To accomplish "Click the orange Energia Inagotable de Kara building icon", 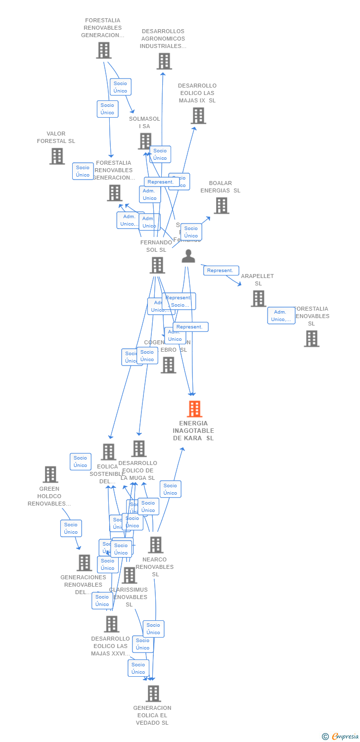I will pyautogui.click(x=194, y=409).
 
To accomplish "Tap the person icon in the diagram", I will pyautogui.click(x=188, y=256).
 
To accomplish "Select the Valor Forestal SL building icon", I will pyautogui.click(x=57, y=156).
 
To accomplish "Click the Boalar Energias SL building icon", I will pyautogui.click(x=221, y=206).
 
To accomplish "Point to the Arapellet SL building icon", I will pyautogui.click(x=258, y=299).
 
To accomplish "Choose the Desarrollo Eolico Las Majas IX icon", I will pyautogui.click(x=198, y=116).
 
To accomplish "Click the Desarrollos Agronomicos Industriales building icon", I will pyautogui.click(x=164, y=61).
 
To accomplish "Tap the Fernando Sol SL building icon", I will pyautogui.click(x=157, y=265).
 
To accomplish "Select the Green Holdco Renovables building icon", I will pyautogui.click(x=50, y=474).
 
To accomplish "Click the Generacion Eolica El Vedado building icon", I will pyautogui.click(x=153, y=694).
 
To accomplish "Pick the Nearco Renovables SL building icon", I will pyautogui.click(x=156, y=545).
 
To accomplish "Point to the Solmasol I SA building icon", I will pyautogui.click(x=145, y=141).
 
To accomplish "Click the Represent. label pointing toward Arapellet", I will pyautogui.click(x=221, y=271).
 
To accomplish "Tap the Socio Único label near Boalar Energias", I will pyautogui.click(x=191, y=232).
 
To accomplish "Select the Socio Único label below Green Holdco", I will pyautogui.click(x=71, y=528).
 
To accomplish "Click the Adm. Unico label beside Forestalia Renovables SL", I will pyautogui.click(x=281, y=316).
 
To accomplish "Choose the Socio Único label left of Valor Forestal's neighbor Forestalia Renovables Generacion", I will pyautogui.click(x=83, y=171).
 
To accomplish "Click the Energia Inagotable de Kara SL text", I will pyautogui.click(x=193, y=430).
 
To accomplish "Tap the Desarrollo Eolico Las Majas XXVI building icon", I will pyautogui.click(x=112, y=624).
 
